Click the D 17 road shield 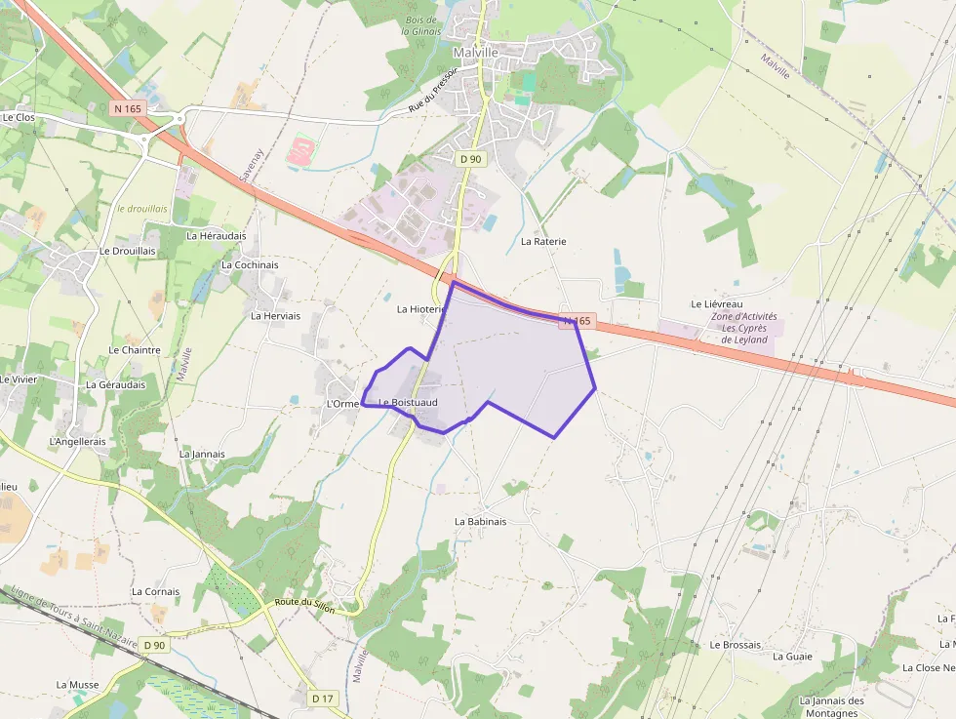pyautogui.click(x=324, y=698)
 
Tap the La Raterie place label pyautogui.click(x=543, y=241)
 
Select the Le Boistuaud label pyautogui.click(x=408, y=403)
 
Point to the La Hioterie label pyautogui.click(x=420, y=309)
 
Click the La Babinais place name pyautogui.click(x=481, y=522)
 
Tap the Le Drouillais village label pyautogui.click(x=128, y=251)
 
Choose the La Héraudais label pyautogui.click(x=217, y=236)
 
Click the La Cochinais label pyautogui.click(x=250, y=265)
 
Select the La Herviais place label pyautogui.click(x=275, y=316)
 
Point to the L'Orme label pyautogui.click(x=342, y=404)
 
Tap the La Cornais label pyautogui.click(x=156, y=592)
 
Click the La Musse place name pyautogui.click(x=78, y=685)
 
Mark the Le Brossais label pyautogui.click(x=736, y=645)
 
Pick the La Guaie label pyautogui.click(x=792, y=657)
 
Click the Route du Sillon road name pyautogui.click(x=304, y=606)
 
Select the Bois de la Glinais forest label pyautogui.click(x=422, y=25)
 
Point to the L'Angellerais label pyautogui.click(x=77, y=442)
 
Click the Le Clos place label pyautogui.click(x=19, y=117)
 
